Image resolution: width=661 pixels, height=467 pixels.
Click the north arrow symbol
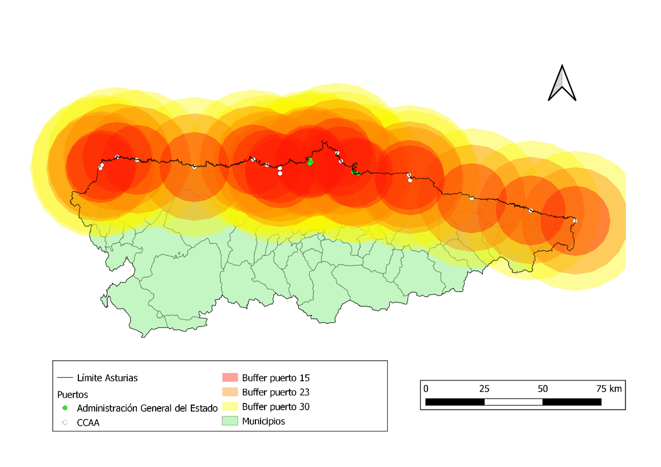[x=562, y=83]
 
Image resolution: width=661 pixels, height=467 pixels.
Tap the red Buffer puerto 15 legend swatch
[x=230, y=378]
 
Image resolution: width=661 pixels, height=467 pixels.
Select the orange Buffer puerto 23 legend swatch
[x=230, y=392]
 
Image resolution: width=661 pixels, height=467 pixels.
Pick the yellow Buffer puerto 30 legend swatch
[x=230, y=407]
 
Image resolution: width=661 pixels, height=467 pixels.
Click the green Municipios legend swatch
[x=230, y=421]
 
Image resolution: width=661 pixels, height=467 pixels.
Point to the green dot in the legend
[x=65, y=408]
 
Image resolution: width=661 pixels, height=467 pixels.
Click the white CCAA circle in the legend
[x=65, y=422]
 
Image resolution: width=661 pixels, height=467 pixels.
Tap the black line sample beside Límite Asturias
[x=65, y=378]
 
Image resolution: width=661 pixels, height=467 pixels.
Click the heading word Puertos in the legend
[x=72, y=394]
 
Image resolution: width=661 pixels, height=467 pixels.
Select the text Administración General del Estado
[x=147, y=408]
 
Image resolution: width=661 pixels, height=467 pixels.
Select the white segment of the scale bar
[x=513, y=402]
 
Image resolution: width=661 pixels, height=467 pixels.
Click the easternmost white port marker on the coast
[x=574, y=221]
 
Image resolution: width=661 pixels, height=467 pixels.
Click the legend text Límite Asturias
[x=107, y=378]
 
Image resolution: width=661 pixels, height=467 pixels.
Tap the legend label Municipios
[x=264, y=421]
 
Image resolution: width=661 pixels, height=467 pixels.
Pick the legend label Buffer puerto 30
[x=276, y=407]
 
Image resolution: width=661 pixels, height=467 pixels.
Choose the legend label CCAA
[x=88, y=422]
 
